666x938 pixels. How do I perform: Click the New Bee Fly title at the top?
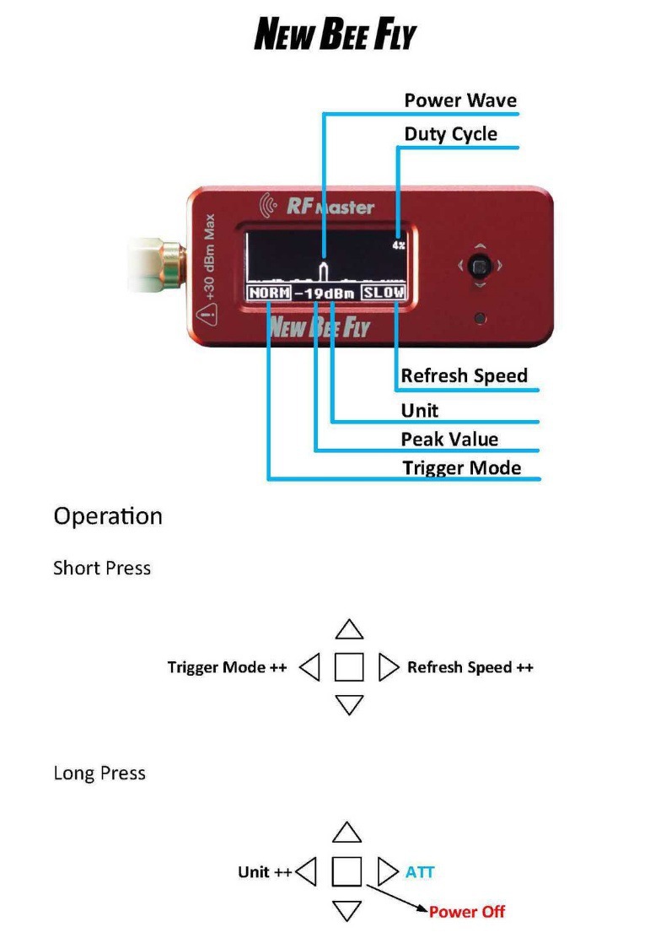(x=335, y=35)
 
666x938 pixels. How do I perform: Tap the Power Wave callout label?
(x=460, y=100)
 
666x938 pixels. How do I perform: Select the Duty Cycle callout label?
(x=450, y=134)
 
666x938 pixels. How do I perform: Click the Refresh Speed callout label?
(x=464, y=375)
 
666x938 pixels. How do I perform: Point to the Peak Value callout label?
(x=449, y=439)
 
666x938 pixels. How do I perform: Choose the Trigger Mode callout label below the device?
(x=461, y=468)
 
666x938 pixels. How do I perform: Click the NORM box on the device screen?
(x=269, y=294)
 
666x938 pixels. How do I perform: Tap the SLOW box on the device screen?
(x=384, y=294)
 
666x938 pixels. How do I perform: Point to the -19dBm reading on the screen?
(x=326, y=294)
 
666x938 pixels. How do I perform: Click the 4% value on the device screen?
(x=398, y=245)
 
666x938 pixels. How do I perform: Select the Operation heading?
(x=108, y=515)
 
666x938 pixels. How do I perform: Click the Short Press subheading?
(x=102, y=568)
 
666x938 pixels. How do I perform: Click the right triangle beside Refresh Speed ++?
(x=388, y=667)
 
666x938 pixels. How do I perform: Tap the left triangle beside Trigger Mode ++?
(x=310, y=668)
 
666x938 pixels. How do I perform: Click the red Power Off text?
(x=466, y=912)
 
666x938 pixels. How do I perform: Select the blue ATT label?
(x=420, y=872)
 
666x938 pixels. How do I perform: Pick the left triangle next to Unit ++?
(x=307, y=872)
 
